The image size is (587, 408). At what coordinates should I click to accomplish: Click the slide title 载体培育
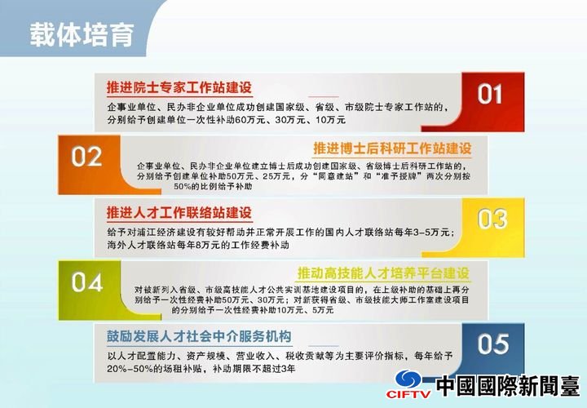click(x=82, y=35)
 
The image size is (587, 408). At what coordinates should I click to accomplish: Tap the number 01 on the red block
click(x=489, y=94)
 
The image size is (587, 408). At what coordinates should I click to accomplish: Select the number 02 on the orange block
click(x=86, y=157)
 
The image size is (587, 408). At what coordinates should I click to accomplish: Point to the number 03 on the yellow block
click(x=492, y=219)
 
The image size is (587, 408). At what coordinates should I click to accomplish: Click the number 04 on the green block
click(x=87, y=282)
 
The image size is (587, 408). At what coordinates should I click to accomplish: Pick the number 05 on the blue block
click(x=493, y=344)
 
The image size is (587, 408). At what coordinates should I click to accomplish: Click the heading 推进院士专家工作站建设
click(x=179, y=87)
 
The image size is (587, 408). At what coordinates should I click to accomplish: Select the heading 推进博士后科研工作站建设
click(x=392, y=149)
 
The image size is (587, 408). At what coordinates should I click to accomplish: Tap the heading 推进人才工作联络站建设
click(x=179, y=213)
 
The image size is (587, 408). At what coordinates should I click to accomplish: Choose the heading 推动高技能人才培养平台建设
click(x=383, y=273)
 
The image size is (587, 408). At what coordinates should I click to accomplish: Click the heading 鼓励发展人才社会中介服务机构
click(x=199, y=336)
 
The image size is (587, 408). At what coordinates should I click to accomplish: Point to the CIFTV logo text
click(x=408, y=394)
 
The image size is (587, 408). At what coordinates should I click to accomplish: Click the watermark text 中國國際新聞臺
click(x=508, y=385)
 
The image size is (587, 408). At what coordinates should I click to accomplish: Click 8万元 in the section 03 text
click(x=207, y=246)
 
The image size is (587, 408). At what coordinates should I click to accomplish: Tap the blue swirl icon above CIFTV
click(x=408, y=379)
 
